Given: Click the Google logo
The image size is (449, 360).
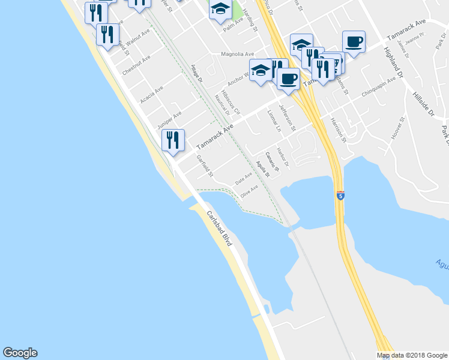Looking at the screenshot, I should point(20,353).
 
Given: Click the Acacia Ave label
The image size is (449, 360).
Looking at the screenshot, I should point(151,94).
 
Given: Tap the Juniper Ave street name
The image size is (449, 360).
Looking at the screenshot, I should point(169,119).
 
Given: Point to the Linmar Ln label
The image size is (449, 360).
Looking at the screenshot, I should point(274,120).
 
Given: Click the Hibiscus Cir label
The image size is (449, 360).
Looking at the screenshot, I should point(231,103).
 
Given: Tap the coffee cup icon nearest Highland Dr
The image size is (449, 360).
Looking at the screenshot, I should point(354,41).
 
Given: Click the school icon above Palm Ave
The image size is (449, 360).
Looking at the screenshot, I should point(220,8).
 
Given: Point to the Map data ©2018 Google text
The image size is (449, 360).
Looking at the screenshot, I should point(412,355).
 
